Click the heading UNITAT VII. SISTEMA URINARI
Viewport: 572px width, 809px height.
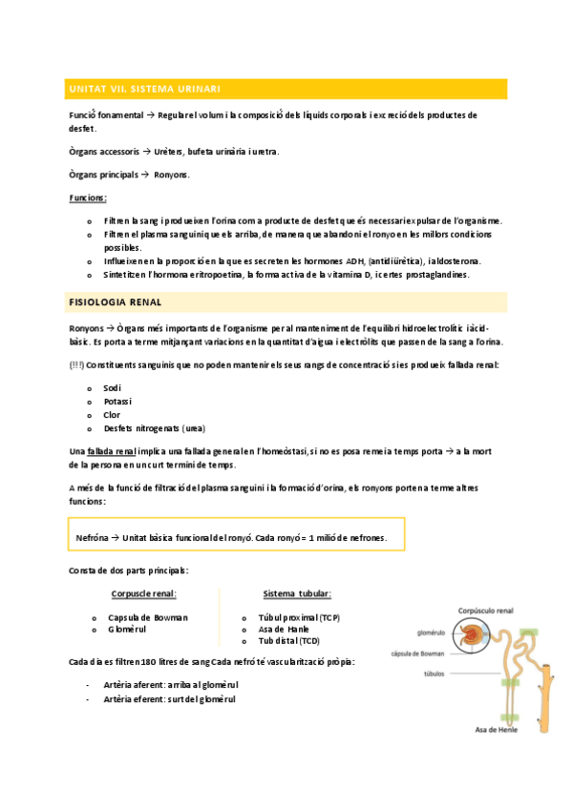click(x=145, y=89)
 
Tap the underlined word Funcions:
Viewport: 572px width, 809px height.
click(x=88, y=197)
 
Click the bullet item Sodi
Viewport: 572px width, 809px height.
click(x=113, y=388)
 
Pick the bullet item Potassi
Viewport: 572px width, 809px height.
click(x=118, y=402)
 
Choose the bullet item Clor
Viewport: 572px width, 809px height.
click(x=112, y=415)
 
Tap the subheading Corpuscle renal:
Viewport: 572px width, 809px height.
click(x=143, y=594)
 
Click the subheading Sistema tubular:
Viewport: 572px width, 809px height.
click(x=297, y=594)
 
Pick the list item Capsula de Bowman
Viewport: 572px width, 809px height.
click(x=148, y=617)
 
